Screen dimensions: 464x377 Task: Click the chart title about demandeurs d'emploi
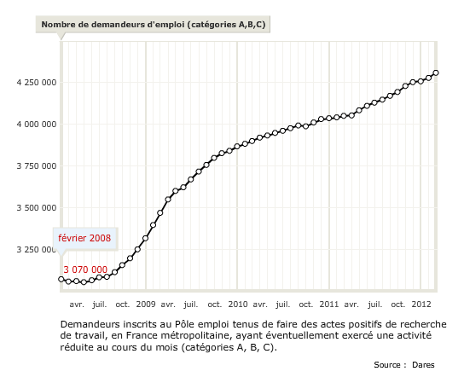click(x=154, y=24)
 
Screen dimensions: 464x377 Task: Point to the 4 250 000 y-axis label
click(x=37, y=82)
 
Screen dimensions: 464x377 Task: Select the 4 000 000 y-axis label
click(x=37, y=125)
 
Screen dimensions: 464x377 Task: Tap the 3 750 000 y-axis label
click(x=37, y=166)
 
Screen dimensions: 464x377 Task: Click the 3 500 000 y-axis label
click(x=37, y=208)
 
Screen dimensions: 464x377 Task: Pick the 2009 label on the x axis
click(x=146, y=304)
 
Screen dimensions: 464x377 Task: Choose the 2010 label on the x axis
click(x=238, y=304)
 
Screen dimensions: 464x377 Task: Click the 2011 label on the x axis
click(x=329, y=304)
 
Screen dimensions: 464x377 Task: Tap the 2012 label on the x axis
click(x=421, y=304)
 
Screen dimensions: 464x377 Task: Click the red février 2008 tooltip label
click(x=84, y=238)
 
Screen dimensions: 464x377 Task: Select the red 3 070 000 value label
click(x=85, y=270)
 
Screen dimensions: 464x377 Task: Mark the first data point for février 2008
click(x=61, y=279)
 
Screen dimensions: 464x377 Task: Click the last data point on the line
click(x=436, y=72)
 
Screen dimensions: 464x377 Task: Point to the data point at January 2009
click(x=145, y=238)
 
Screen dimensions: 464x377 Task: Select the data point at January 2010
click(x=237, y=146)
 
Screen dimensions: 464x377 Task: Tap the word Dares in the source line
click(x=423, y=365)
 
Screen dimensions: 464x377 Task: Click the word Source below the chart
click(x=387, y=365)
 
